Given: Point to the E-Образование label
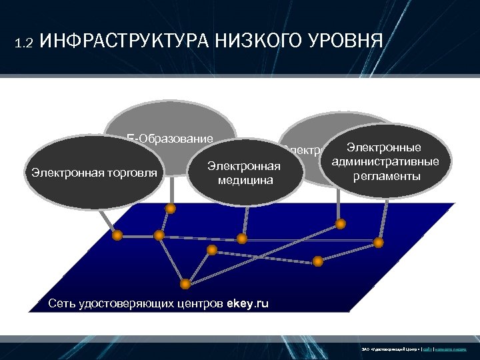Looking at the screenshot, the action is [x=170, y=139].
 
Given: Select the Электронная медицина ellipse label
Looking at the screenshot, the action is [x=244, y=172].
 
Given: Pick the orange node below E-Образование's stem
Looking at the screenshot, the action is [x=171, y=209].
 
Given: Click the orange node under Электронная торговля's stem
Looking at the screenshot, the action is [x=117, y=235].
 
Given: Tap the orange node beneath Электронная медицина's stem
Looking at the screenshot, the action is [x=242, y=238].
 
